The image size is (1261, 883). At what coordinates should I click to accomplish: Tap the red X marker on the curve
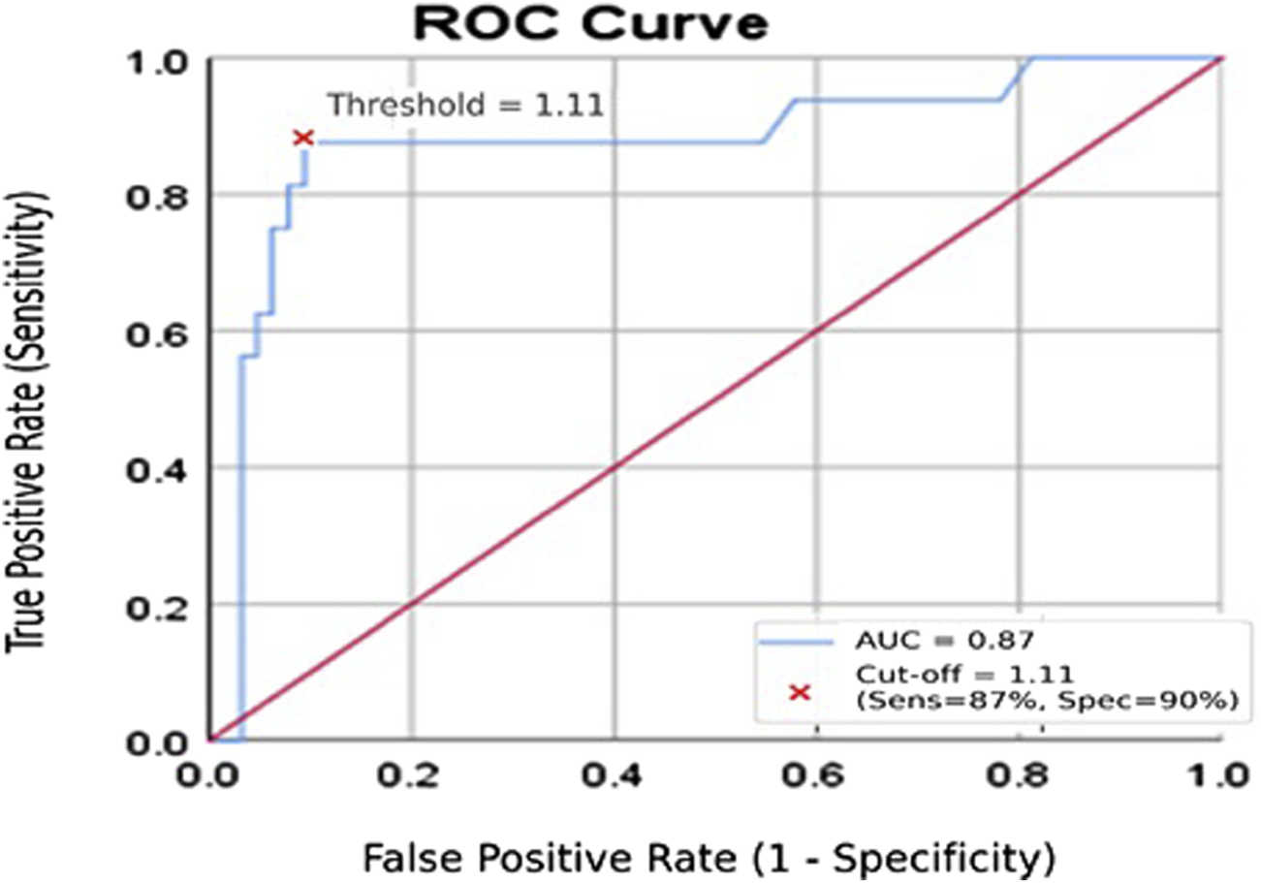tap(303, 139)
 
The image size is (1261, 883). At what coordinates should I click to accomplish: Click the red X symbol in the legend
tap(799, 692)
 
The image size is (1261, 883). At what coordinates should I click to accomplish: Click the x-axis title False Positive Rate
tap(708, 857)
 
